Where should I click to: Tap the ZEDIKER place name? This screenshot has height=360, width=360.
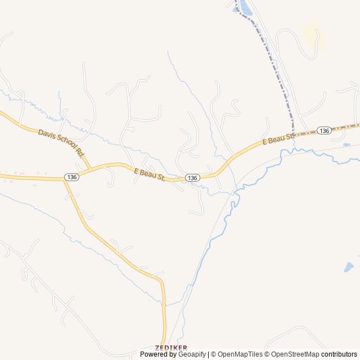(x=171, y=348)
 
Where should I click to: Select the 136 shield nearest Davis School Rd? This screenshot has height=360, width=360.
(x=71, y=177)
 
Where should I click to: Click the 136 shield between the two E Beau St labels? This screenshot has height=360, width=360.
(x=192, y=178)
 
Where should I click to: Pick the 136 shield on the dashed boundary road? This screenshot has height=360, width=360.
(x=323, y=130)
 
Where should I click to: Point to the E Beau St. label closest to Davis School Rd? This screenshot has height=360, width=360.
(x=150, y=174)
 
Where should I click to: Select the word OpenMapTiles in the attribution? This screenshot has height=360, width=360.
(x=240, y=354)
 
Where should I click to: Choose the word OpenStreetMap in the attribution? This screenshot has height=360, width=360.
(x=295, y=354)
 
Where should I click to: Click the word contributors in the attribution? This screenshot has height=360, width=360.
(x=339, y=354)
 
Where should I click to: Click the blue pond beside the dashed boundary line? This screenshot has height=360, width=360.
(x=246, y=8)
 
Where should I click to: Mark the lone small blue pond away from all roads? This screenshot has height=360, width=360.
(x=349, y=267)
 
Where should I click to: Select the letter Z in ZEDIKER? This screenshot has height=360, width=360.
(x=157, y=348)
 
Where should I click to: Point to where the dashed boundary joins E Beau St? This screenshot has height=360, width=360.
(x=292, y=134)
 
